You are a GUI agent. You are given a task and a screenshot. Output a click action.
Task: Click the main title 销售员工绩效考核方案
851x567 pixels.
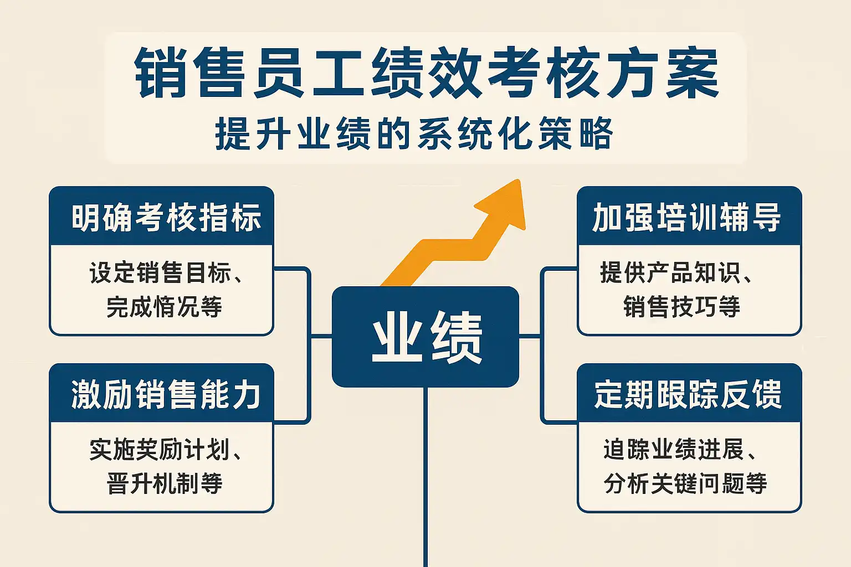[427, 73]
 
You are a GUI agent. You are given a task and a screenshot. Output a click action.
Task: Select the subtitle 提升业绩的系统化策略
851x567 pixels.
[414, 133]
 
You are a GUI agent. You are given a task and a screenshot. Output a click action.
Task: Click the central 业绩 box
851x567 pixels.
[425, 336]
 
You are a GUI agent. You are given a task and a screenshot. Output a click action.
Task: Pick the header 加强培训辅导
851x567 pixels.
[687, 218]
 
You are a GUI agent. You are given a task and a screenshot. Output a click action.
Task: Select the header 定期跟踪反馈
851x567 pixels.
[687, 394]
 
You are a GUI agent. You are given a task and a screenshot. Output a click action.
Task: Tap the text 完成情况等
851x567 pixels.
[164, 307]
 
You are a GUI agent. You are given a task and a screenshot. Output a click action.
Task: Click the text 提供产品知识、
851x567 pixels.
[675, 273]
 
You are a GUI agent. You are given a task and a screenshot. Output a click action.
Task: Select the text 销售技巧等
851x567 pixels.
[681, 307]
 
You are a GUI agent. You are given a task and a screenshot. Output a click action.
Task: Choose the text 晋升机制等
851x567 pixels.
[164, 483]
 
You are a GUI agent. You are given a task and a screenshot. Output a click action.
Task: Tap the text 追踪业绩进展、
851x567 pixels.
[679, 450]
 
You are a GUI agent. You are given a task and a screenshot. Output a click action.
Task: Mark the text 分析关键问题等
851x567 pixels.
[685, 483]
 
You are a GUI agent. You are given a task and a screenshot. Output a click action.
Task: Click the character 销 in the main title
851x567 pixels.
[160, 73]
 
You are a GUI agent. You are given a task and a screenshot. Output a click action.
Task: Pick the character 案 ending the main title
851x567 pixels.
[692, 73]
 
